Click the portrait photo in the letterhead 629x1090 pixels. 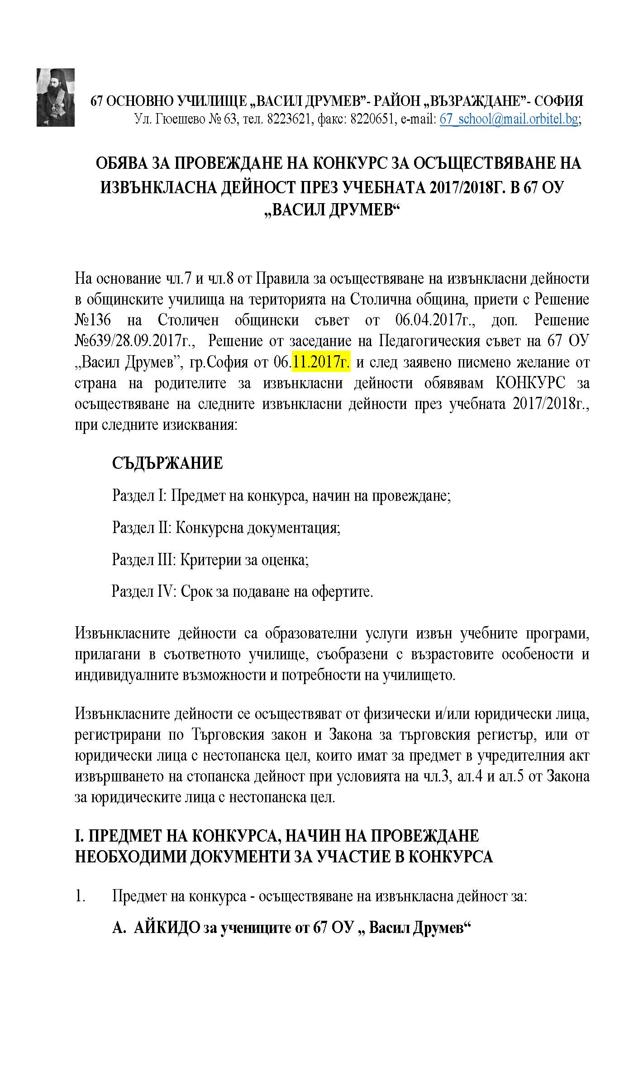click(x=56, y=97)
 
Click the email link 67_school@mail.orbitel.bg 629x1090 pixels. click(x=509, y=119)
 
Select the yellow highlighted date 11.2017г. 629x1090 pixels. click(x=321, y=362)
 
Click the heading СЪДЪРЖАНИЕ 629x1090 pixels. click(x=167, y=463)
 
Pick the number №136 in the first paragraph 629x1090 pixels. click(x=93, y=320)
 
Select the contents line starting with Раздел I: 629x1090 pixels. click(x=281, y=496)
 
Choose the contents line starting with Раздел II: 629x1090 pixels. click(x=226, y=528)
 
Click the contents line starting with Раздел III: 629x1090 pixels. click(x=210, y=560)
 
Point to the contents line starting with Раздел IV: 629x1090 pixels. click(x=243, y=591)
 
